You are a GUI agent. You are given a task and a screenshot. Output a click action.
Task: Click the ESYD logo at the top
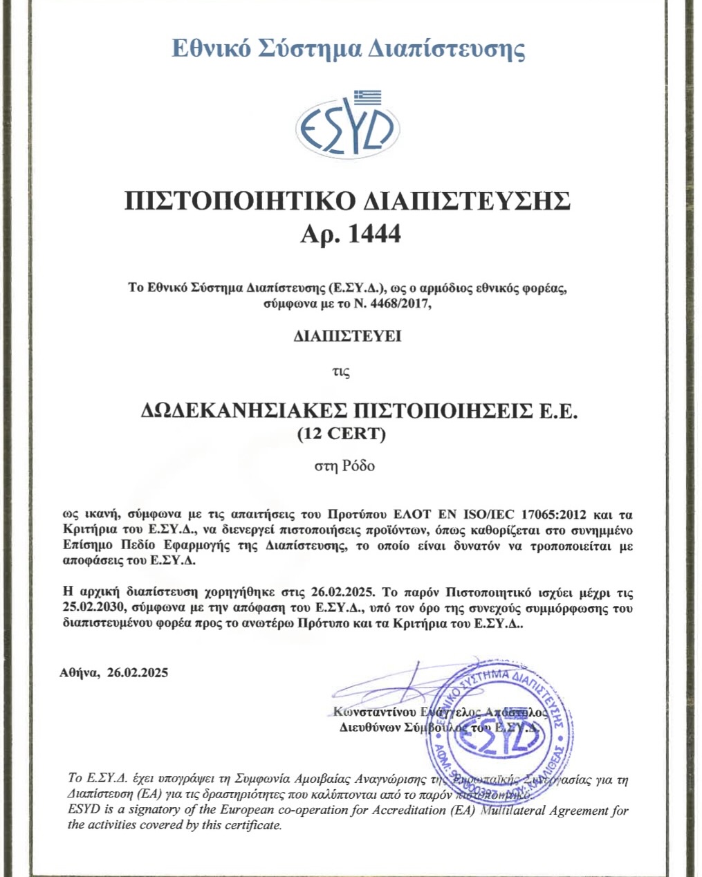pos(347,129)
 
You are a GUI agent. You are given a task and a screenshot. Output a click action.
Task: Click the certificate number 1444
pos(374,234)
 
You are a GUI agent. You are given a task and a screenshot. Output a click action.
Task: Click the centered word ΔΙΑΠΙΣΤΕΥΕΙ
pos(347,337)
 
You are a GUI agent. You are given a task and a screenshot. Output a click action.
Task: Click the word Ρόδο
pos(358,465)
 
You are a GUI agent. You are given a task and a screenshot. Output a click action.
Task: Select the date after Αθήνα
pos(138,672)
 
